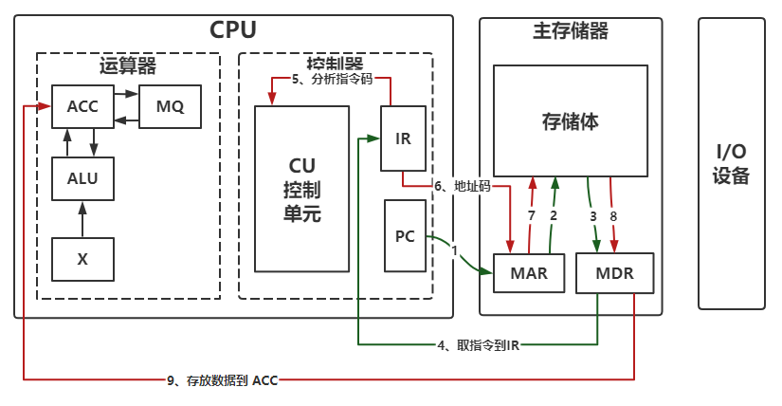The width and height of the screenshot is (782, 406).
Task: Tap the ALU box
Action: (82, 176)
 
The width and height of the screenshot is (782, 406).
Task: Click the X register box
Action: (82, 258)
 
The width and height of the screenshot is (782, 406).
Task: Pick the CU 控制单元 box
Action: (302, 189)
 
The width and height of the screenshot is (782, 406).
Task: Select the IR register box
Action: (403, 138)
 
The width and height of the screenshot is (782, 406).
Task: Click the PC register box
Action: (405, 236)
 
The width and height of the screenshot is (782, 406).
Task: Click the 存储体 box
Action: (571, 120)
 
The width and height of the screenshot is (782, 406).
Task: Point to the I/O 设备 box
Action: (731, 163)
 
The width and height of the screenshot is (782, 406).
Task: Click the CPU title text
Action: (232, 30)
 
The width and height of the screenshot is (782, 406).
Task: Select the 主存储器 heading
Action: (571, 31)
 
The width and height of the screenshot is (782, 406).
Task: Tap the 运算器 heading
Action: (127, 66)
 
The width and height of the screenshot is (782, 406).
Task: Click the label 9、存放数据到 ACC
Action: (222, 380)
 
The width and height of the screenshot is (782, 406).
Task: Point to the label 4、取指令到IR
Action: (478, 344)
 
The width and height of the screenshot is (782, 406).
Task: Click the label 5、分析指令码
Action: (332, 80)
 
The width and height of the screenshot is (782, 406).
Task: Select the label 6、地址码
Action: (463, 186)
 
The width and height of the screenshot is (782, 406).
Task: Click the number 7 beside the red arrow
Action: (531, 215)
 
